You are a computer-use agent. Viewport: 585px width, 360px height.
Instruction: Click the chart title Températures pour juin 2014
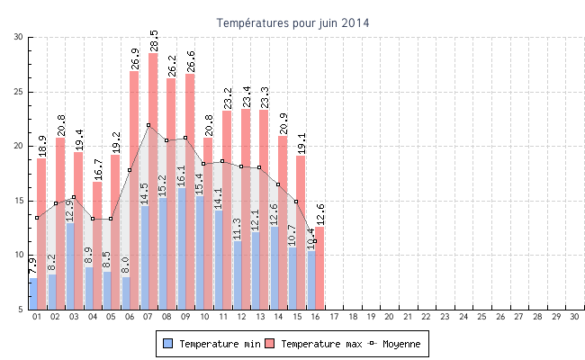[292, 22]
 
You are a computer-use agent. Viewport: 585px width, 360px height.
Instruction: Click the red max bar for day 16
[319, 270]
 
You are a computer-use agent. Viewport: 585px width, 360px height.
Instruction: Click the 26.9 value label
[135, 58]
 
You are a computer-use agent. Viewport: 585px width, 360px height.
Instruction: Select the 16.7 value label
[97, 168]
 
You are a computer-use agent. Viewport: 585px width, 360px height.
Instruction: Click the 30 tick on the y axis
[19, 37]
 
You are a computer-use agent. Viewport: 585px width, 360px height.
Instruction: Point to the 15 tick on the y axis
[19, 201]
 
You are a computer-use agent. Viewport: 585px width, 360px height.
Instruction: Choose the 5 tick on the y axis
[21, 310]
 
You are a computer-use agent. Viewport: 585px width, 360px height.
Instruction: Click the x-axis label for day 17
[334, 317]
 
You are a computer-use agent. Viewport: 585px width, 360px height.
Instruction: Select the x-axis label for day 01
[37, 317]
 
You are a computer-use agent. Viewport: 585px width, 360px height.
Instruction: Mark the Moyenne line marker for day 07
[148, 125]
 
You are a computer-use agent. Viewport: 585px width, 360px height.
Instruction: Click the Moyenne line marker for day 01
[37, 218]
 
